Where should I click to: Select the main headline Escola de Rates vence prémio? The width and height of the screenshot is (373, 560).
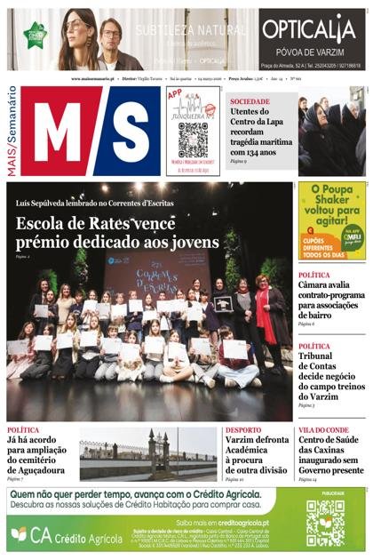116,232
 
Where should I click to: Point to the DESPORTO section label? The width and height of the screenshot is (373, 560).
243,430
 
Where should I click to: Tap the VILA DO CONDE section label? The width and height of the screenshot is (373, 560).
323,430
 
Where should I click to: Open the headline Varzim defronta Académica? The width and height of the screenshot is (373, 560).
257,455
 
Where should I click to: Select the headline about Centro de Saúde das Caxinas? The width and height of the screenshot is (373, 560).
331,455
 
